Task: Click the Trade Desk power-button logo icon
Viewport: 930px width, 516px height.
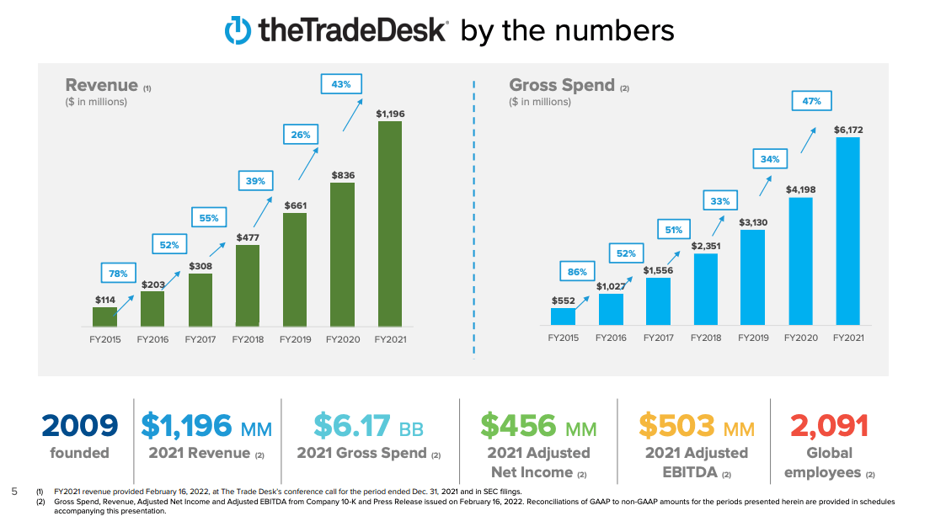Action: point(238,30)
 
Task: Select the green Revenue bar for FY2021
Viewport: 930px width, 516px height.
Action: point(389,223)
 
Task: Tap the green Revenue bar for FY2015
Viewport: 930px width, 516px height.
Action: point(104,317)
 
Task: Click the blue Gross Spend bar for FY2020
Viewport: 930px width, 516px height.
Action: point(800,261)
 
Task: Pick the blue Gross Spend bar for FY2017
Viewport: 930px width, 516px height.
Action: point(658,301)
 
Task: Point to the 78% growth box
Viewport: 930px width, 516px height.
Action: point(118,274)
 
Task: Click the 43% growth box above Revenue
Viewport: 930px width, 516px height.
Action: point(341,84)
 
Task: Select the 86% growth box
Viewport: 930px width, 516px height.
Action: point(577,272)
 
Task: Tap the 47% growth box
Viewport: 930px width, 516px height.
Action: point(812,101)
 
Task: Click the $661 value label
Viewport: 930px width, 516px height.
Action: point(295,205)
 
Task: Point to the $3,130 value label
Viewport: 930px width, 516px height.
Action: point(752,222)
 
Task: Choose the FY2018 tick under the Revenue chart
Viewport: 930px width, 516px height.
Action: point(248,339)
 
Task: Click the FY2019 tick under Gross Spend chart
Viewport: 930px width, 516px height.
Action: point(753,338)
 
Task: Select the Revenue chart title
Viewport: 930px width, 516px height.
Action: point(102,85)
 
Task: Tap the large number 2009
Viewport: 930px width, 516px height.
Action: point(80,426)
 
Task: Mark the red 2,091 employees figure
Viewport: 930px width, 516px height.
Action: point(830,426)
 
